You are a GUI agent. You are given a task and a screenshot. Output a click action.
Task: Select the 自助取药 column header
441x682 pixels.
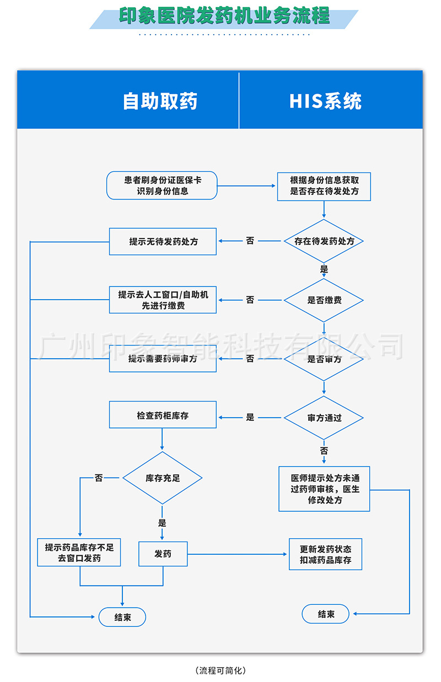[160, 101]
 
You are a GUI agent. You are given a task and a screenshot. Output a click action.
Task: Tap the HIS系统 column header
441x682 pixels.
[325, 101]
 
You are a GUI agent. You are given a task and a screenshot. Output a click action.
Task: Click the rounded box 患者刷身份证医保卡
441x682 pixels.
[162, 186]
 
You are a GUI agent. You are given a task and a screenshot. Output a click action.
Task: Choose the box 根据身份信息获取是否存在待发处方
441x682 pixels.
[324, 186]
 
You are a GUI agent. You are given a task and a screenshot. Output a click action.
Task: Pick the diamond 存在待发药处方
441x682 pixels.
[324, 241]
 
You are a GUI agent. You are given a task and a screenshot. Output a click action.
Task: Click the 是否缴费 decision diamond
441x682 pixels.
[324, 300]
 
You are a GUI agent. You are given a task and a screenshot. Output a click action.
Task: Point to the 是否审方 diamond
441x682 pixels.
[324, 359]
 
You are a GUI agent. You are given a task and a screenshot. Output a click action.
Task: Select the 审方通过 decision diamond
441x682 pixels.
[324, 418]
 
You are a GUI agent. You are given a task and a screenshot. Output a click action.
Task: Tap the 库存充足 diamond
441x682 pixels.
[163, 478]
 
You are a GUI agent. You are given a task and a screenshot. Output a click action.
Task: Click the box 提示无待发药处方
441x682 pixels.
[163, 241]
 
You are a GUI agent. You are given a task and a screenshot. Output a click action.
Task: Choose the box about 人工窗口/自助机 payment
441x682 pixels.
[163, 300]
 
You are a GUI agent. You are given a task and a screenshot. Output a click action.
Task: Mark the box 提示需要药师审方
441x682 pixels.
[163, 359]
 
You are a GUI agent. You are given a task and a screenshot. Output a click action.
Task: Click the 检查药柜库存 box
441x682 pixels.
[163, 415]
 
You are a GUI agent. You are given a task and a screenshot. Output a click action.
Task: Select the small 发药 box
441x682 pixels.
[163, 554]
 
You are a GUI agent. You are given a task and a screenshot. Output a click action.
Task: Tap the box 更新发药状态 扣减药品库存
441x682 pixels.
[325, 554]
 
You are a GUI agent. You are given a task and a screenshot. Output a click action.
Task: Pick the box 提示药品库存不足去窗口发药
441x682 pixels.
[79, 553]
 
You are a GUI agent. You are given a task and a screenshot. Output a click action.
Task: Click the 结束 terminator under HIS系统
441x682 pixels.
[326, 614]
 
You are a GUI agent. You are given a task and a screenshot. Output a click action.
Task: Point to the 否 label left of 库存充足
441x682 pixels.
[99, 478]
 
